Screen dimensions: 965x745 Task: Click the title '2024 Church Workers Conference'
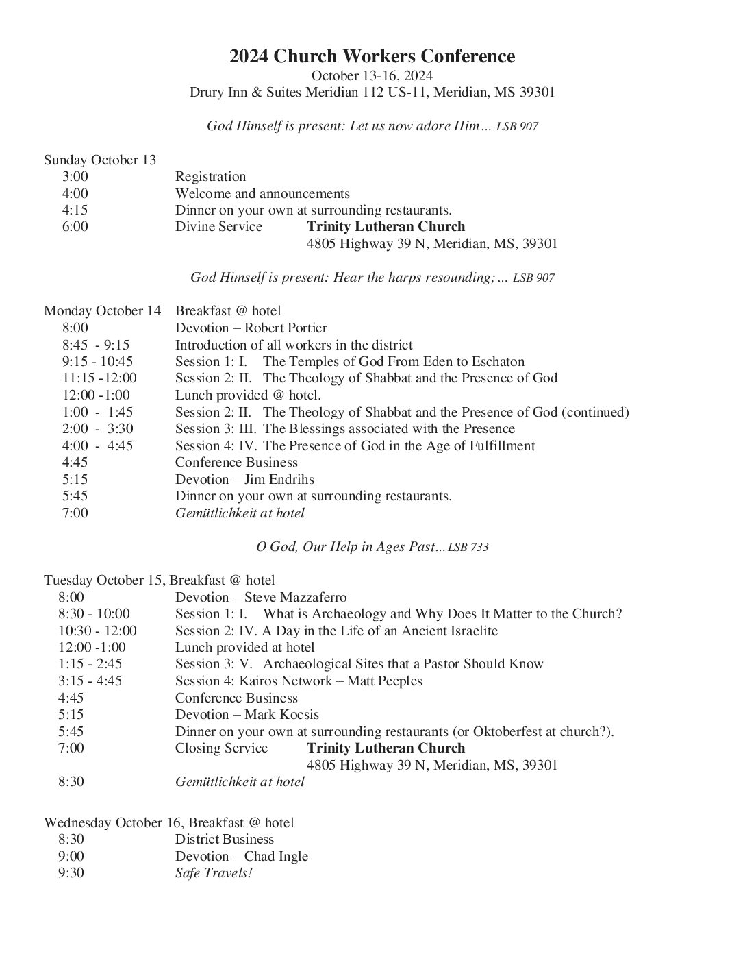click(372, 56)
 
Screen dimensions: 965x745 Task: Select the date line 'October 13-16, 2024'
click(372, 75)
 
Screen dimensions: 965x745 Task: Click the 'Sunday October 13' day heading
click(100, 160)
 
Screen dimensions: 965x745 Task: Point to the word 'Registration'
click(210, 177)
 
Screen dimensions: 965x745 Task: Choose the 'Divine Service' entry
click(218, 227)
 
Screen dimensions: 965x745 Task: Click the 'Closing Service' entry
click(221, 748)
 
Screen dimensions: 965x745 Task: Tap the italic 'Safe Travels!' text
click(214, 874)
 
